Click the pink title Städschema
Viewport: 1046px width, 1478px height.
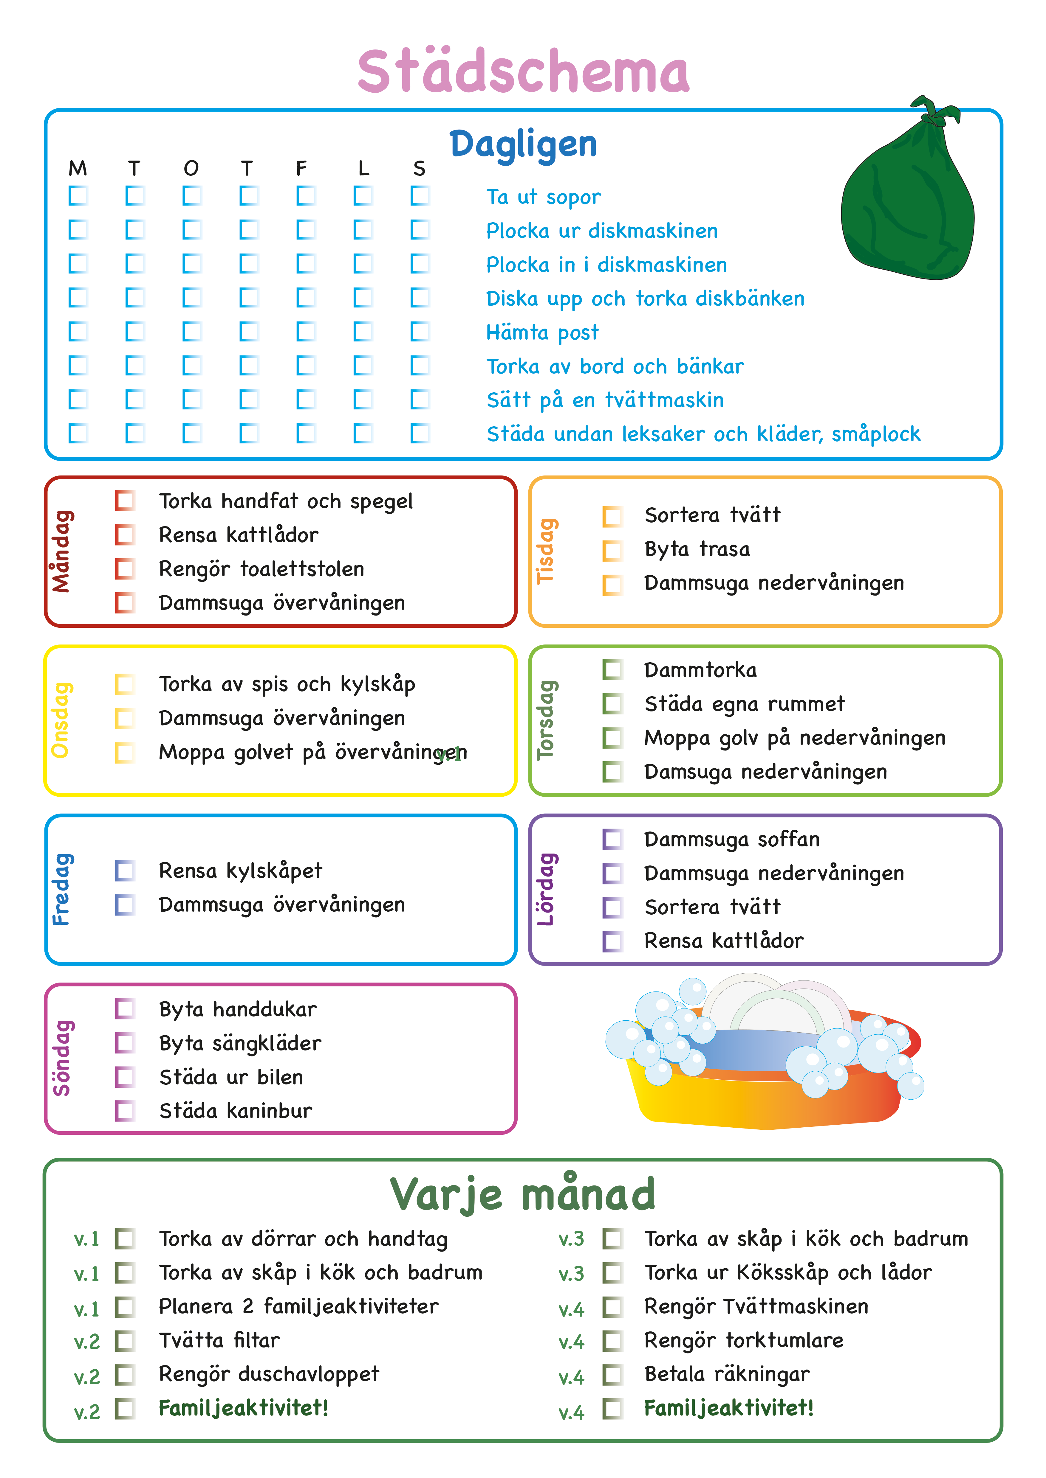pyautogui.click(x=523, y=71)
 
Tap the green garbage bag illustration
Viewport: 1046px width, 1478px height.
pyautogui.click(x=908, y=206)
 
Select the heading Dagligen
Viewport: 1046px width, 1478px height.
pyautogui.click(x=523, y=144)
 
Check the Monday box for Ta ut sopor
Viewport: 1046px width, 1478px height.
pyautogui.click(x=78, y=196)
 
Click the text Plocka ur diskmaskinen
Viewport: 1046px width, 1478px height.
pyautogui.click(x=602, y=231)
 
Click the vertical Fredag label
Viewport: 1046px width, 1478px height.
pyautogui.click(x=62, y=890)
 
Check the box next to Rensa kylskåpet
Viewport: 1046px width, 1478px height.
pyautogui.click(x=125, y=871)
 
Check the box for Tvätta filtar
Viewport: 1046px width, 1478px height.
pyautogui.click(x=125, y=1341)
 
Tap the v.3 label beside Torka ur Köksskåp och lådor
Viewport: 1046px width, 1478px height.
pyautogui.click(x=571, y=1274)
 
